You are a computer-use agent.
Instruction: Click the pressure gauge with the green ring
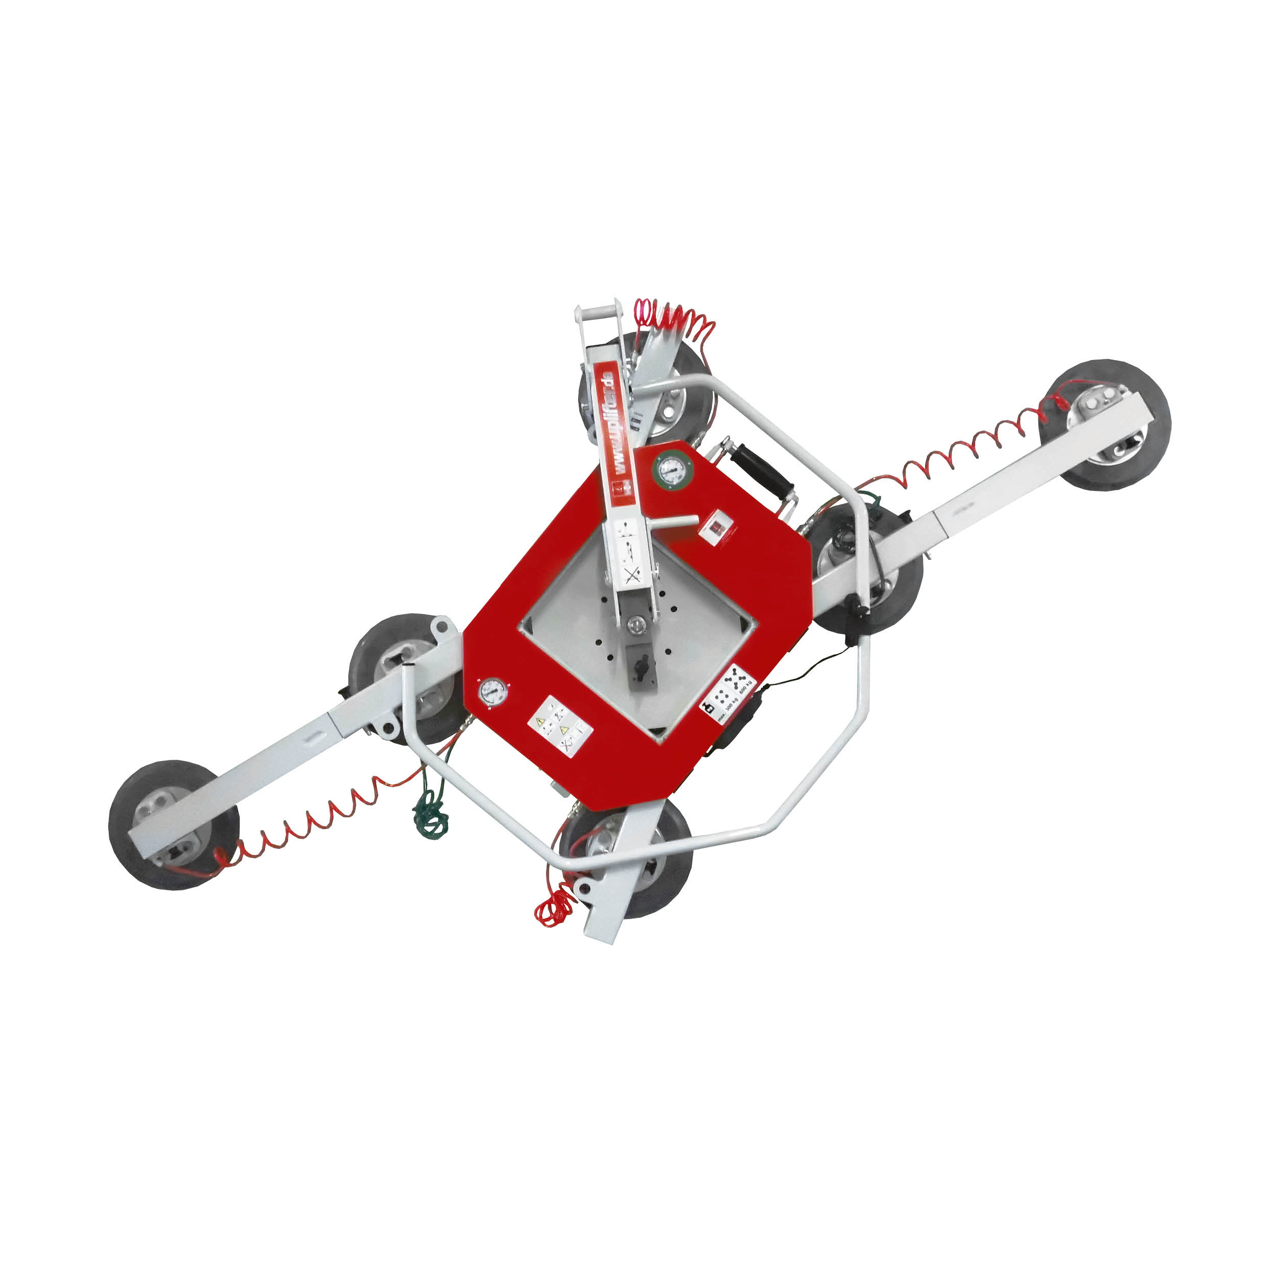click(x=672, y=470)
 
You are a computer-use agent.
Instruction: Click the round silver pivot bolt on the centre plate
click(x=636, y=623)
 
